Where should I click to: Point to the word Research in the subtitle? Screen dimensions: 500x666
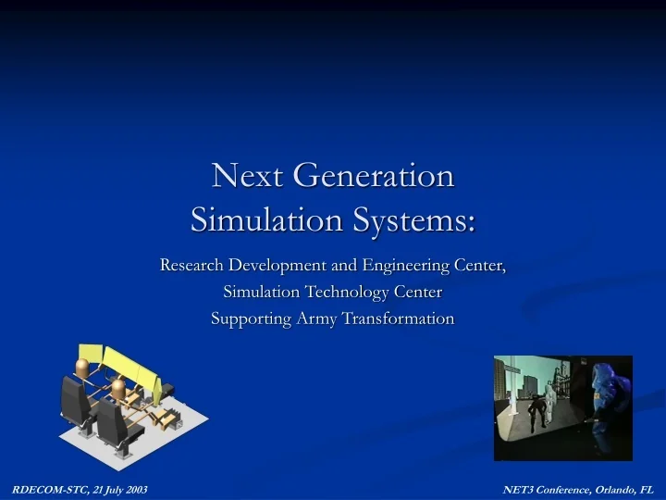coord(191,266)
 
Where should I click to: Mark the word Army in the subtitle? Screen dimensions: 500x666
coord(317,319)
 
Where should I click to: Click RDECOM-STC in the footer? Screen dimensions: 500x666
coord(46,488)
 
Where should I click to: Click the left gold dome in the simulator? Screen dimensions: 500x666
coord(82,368)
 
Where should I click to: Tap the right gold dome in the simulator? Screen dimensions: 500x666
coord(117,383)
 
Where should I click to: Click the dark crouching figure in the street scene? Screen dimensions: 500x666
coord(536,408)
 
